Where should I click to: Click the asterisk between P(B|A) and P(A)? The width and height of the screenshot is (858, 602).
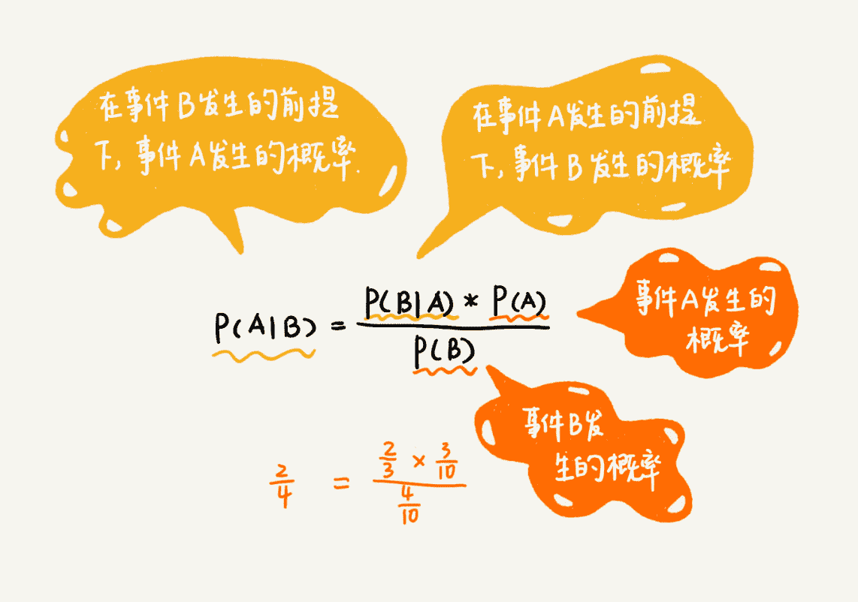[x=472, y=303]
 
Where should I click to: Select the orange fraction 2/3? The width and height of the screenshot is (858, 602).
[x=389, y=459]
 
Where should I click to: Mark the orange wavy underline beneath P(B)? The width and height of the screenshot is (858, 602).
[x=445, y=369]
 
